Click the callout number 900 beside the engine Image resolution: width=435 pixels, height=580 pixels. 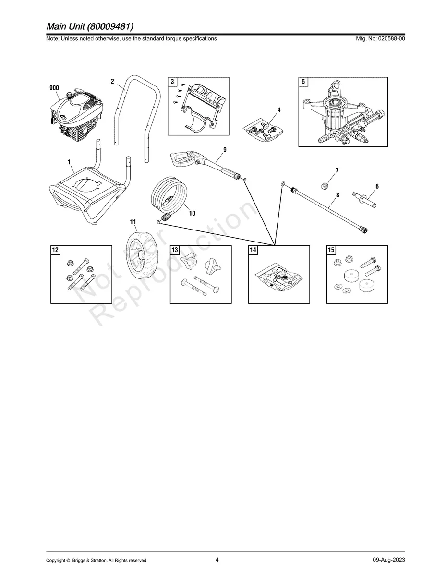click(54, 88)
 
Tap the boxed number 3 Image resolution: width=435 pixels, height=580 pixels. click(172, 82)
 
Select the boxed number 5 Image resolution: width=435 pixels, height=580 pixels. click(303, 82)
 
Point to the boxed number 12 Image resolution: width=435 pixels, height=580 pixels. click(56, 250)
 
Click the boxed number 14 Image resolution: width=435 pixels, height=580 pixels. click(253, 250)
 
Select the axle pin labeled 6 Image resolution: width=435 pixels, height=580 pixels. click(366, 197)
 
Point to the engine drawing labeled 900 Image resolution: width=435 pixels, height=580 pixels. click(77, 115)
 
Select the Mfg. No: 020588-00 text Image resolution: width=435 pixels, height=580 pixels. click(379, 38)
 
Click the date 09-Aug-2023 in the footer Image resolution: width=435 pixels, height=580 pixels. click(388, 560)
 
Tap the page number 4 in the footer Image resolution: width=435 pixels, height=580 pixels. click(217, 560)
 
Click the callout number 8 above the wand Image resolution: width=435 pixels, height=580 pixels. click(338, 195)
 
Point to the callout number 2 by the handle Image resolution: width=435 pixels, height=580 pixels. click(112, 82)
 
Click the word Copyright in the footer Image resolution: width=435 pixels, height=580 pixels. click(56, 560)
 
